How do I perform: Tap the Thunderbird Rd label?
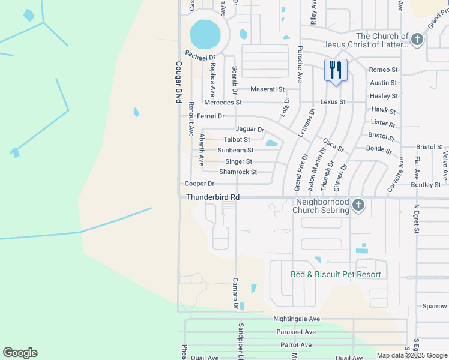point(212,197)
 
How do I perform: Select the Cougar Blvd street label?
point(178,82)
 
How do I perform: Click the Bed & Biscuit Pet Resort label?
point(336,275)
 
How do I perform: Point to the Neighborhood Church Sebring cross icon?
point(358,205)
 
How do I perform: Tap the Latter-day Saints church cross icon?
point(417,40)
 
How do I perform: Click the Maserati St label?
point(267,89)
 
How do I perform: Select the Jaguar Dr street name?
point(250,129)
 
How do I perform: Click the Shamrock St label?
point(238,172)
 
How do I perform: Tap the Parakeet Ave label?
point(296,332)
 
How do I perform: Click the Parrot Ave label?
point(296,345)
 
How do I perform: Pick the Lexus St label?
point(333,102)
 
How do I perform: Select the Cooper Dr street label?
point(200,184)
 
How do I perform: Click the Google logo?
point(20,353)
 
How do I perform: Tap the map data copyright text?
point(412,355)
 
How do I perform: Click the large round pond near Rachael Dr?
point(205,34)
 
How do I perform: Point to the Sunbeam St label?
point(235,150)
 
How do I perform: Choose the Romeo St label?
point(384,70)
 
